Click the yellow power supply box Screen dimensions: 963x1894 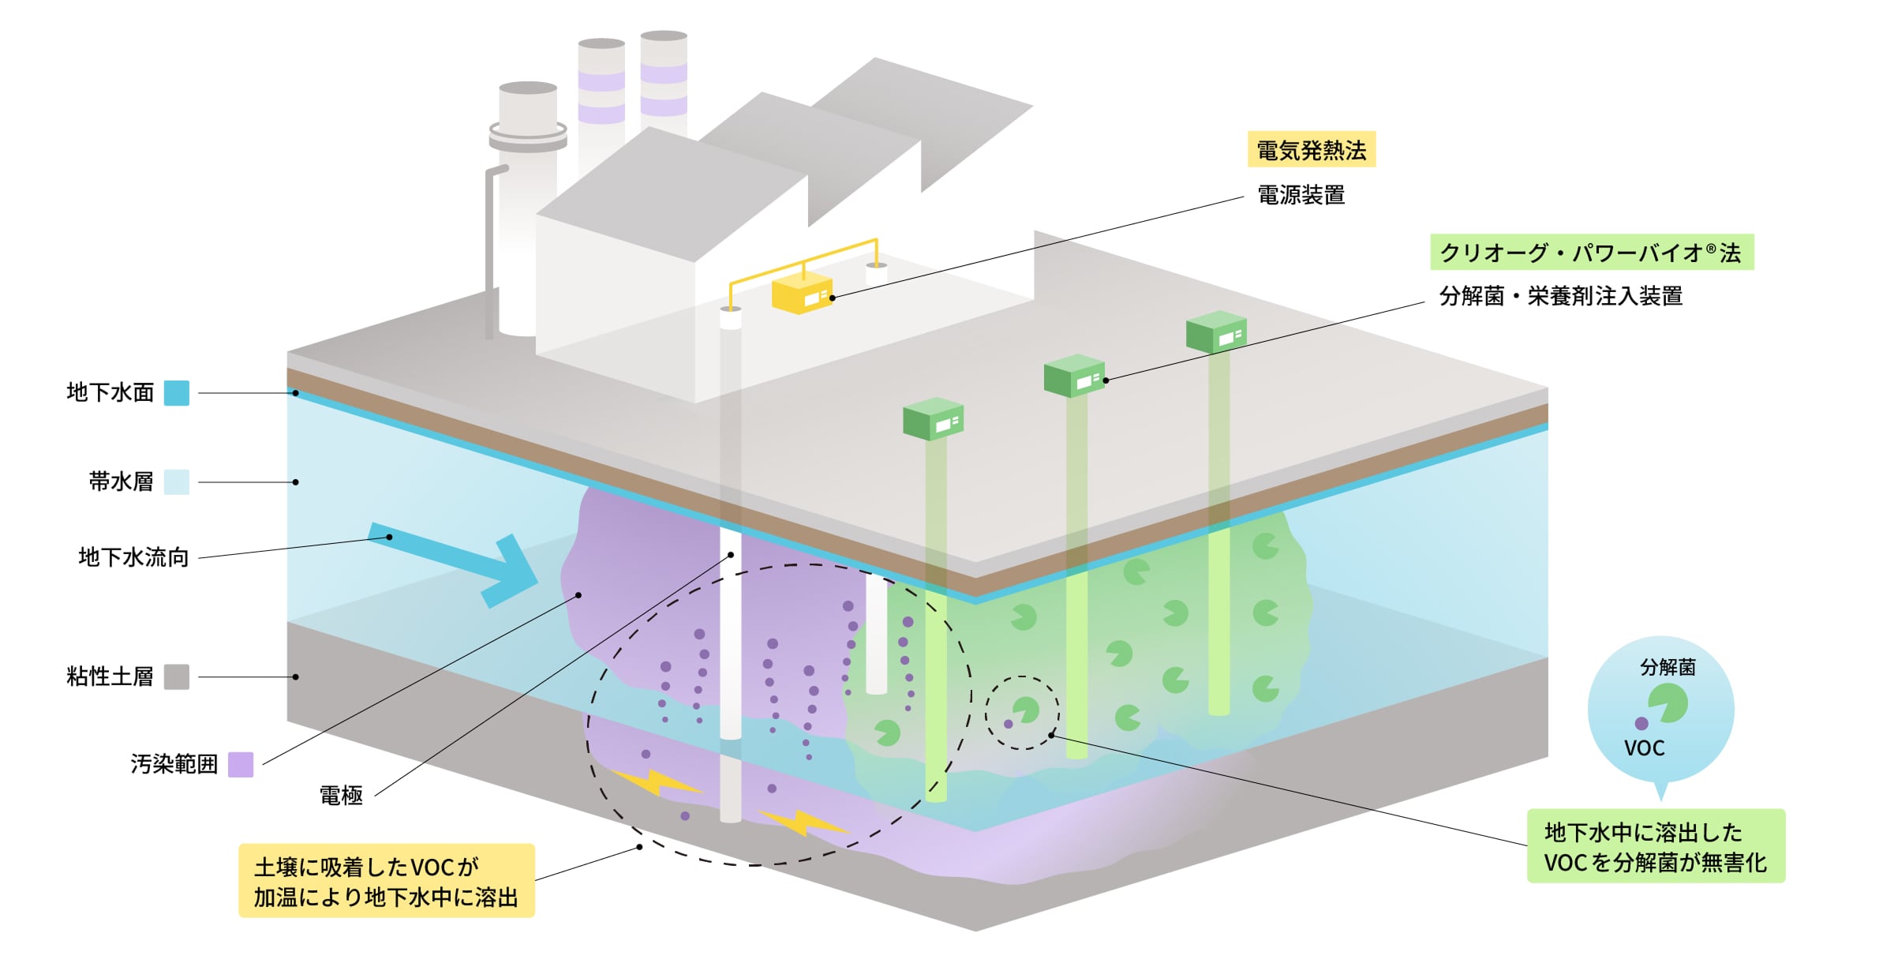(801, 294)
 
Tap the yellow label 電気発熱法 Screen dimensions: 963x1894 (1311, 149)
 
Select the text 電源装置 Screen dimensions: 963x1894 (1301, 195)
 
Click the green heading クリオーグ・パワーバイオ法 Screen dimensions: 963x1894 (1591, 253)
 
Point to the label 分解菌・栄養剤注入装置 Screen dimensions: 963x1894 (1560, 296)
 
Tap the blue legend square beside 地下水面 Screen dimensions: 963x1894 (176, 392)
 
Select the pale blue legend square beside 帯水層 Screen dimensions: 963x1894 (176, 481)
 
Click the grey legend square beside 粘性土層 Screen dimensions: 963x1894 (176, 676)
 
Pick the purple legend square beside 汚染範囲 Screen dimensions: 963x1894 (241, 764)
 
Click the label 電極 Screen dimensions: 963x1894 (341, 795)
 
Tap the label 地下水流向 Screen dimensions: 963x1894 (133, 557)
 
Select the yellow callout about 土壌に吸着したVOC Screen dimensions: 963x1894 (387, 881)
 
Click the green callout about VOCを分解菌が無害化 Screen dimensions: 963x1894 (1655, 846)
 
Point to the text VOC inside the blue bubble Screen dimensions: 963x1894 (1644, 748)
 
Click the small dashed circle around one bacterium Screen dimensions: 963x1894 (1022, 712)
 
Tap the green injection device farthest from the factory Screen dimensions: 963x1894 (1216, 332)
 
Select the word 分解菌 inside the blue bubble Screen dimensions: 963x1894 (1668, 667)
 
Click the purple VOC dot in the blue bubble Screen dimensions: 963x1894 (1641, 723)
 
